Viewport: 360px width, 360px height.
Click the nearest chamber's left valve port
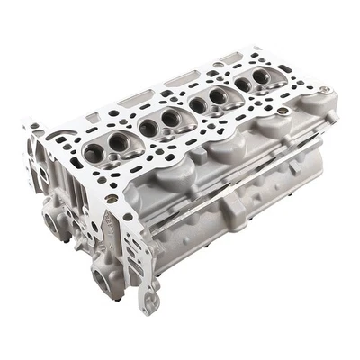click(93, 154)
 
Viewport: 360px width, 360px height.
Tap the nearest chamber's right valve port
click(114, 144)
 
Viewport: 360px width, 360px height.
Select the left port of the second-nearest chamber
click(148, 128)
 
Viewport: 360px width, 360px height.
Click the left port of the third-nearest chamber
click(197, 105)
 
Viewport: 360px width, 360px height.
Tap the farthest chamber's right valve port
click(260, 77)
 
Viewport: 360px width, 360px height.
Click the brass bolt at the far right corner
click(323, 90)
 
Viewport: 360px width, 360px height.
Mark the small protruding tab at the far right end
click(331, 117)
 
